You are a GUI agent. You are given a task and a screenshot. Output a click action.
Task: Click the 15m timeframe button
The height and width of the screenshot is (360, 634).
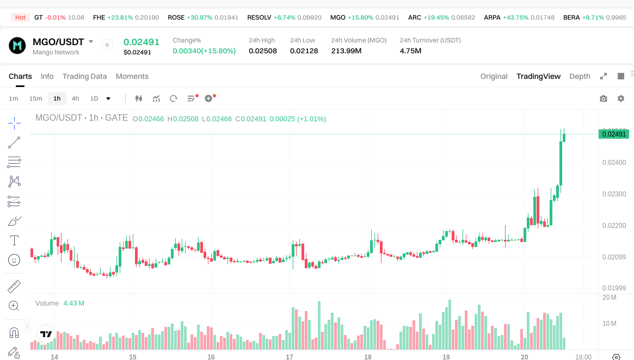[35, 98]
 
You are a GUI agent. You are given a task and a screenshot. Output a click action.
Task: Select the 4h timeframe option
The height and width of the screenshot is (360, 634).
[75, 98]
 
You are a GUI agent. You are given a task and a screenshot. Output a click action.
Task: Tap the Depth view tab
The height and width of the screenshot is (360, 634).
[580, 76]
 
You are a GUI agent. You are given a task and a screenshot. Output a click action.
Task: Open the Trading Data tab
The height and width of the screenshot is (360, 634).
[84, 76]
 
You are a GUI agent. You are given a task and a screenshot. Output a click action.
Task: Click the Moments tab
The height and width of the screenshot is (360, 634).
[132, 76]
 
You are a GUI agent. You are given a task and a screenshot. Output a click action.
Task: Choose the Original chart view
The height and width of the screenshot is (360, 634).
[494, 76]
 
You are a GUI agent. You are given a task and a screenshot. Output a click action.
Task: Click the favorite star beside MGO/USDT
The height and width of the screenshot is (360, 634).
[107, 45]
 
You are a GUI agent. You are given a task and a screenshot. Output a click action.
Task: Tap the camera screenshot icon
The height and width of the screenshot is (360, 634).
[604, 98]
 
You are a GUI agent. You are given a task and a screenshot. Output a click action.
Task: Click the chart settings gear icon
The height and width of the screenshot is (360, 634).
[621, 98]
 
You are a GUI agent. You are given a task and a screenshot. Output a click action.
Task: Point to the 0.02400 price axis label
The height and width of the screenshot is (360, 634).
[613, 163]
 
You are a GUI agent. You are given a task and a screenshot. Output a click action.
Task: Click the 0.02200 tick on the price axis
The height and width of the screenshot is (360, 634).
[613, 226]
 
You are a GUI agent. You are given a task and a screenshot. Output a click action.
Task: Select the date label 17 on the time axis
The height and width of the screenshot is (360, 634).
[290, 357]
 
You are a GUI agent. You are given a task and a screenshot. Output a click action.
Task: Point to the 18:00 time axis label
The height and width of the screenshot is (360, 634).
[583, 357]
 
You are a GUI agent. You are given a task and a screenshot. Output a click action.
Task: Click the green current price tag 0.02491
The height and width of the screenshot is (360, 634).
[613, 134]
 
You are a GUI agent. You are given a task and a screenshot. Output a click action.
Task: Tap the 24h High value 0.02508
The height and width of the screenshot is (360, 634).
[263, 51]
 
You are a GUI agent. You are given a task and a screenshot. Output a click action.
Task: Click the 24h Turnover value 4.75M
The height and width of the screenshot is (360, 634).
[411, 51]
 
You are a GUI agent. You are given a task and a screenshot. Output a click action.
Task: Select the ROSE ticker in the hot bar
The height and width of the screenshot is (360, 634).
[176, 17]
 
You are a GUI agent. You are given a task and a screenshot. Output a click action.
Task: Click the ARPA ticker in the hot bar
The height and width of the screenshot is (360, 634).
[492, 17]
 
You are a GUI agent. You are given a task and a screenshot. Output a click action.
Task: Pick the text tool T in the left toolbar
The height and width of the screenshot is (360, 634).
[14, 240]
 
